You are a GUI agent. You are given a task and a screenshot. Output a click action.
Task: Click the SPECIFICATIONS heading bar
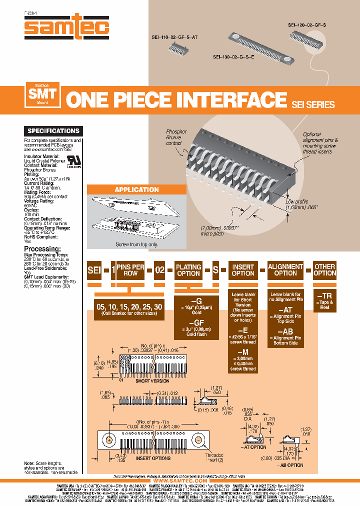pyautogui.click(x=53, y=131)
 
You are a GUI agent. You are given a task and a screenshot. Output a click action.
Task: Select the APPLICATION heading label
pyautogui.click(x=136, y=189)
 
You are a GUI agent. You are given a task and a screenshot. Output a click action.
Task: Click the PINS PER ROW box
pyautogui.click(x=130, y=270)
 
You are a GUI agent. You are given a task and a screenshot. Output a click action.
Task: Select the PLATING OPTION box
pyautogui.click(x=188, y=270)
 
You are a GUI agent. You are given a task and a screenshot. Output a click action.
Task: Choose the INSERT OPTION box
pyautogui.click(x=243, y=270)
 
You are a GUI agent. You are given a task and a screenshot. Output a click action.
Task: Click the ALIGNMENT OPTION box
pyautogui.click(x=285, y=270)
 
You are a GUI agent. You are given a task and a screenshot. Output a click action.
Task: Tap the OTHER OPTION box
pyautogui.click(x=325, y=270)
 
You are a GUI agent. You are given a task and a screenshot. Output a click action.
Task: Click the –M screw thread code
pyautogui.click(x=243, y=351)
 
